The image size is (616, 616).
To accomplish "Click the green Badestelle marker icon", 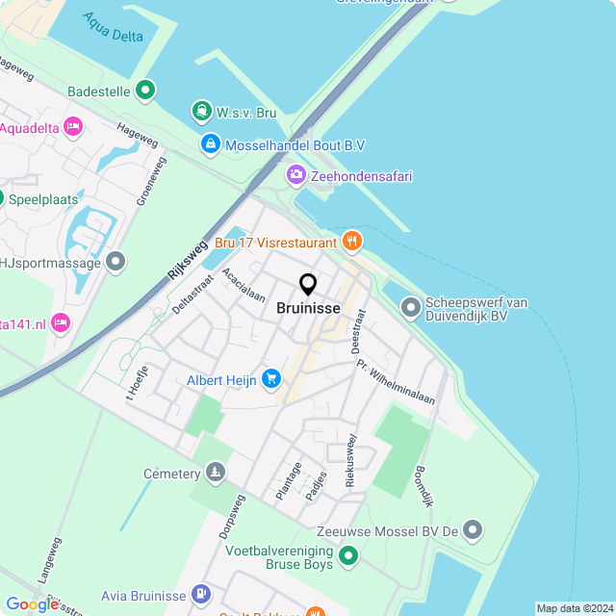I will (145, 91).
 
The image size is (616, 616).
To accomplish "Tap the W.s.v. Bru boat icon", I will (201, 113).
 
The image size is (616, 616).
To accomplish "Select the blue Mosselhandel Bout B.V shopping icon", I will (209, 144).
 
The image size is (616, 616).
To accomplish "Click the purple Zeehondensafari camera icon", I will (295, 175).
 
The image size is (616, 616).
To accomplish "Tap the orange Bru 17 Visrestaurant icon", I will (352, 242).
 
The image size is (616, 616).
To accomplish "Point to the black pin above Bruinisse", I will (308, 285).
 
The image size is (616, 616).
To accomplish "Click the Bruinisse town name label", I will (308, 309).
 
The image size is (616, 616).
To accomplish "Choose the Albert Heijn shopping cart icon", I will (271, 379).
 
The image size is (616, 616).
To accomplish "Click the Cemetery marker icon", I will (216, 474).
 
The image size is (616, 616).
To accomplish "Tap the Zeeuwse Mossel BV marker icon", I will (472, 529).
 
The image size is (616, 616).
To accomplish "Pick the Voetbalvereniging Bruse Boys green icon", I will (348, 556).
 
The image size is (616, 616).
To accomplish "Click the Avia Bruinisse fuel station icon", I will (201, 594).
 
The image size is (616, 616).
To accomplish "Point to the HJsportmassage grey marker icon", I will (116, 262).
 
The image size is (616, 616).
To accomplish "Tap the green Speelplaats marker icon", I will (0, 199).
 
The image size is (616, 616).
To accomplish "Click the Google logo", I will (31, 603).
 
